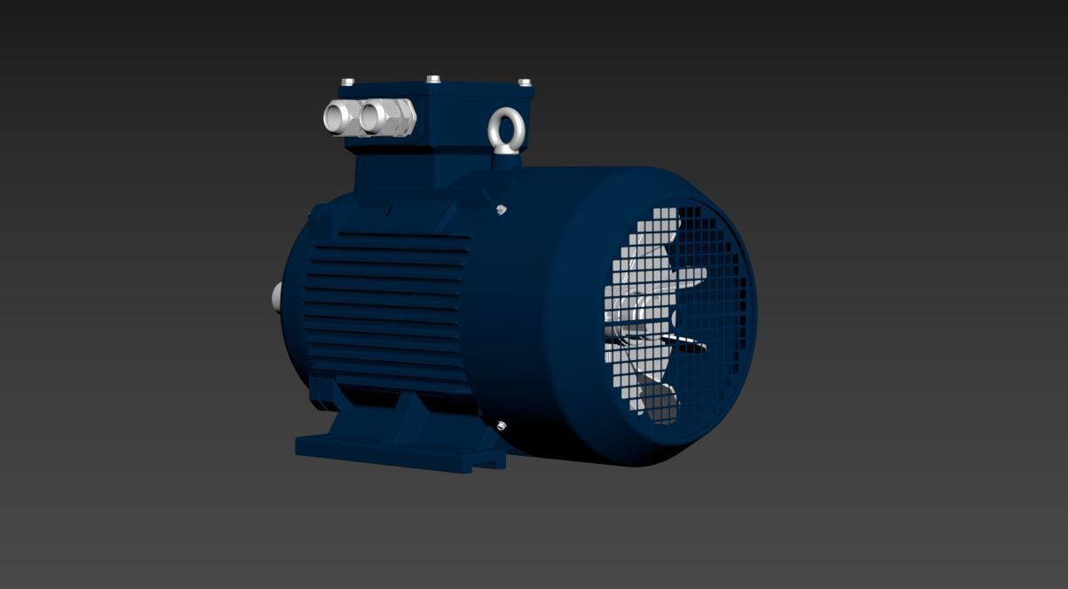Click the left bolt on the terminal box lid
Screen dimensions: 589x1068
click(347, 82)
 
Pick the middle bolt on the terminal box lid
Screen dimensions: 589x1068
click(433, 79)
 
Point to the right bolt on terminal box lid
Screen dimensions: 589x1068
click(525, 82)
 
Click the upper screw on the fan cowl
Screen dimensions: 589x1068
click(502, 209)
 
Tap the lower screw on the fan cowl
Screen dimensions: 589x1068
click(502, 427)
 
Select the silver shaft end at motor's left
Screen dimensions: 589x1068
click(276, 297)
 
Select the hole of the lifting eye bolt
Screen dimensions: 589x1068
click(507, 127)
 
